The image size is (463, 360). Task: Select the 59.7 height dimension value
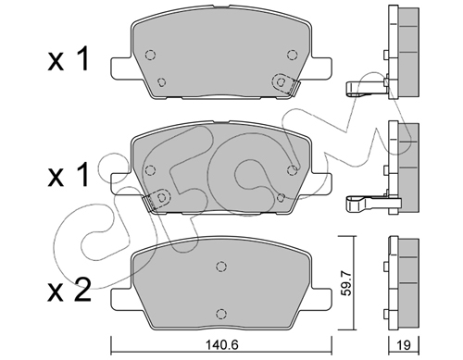(x=347, y=282)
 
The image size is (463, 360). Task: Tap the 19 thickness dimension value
(x=404, y=345)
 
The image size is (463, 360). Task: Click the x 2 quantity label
(x=69, y=290)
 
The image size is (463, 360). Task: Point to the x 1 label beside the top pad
(x=69, y=59)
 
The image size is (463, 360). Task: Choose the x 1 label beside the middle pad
(x=69, y=175)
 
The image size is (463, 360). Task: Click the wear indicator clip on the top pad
(x=285, y=83)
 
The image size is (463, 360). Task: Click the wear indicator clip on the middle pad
(x=156, y=200)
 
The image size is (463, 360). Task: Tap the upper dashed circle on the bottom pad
(x=221, y=267)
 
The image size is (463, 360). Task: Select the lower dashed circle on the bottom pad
(x=220, y=314)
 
